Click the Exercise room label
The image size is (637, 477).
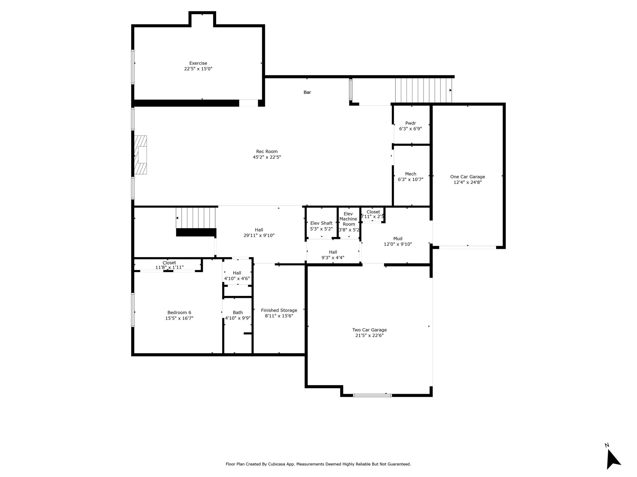[198, 63]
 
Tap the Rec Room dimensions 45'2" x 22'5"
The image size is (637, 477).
[267, 157]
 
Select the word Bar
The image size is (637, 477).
[307, 92]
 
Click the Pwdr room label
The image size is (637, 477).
[411, 123]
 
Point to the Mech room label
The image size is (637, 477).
[411, 174]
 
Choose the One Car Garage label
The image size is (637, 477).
[467, 177]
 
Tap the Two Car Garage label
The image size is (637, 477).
[370, 330]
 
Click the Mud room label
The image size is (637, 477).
[398, 238]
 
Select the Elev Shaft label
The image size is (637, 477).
[321, 223]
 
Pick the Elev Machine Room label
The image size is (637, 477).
[348, 219]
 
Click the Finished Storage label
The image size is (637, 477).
[279, 310]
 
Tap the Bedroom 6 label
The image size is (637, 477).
[179, 313]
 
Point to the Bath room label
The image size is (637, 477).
[238, 313]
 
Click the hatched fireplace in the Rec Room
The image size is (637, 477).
[141, 155]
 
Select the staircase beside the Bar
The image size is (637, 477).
[424, 90]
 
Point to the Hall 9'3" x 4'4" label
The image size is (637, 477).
[333, 255]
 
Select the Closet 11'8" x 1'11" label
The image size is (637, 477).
[169, 265]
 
